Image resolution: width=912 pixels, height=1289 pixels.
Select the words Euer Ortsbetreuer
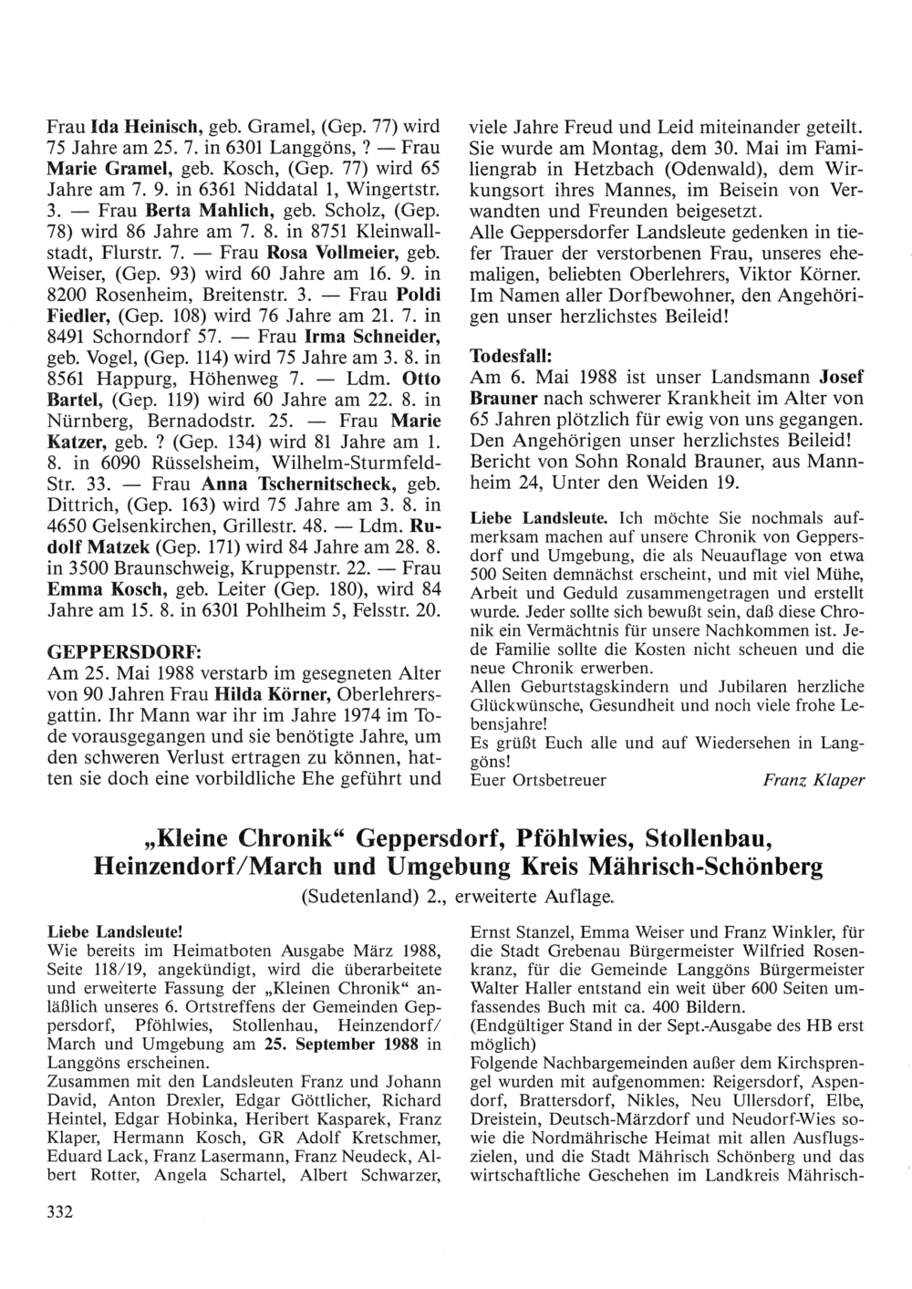tap(537, 780)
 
